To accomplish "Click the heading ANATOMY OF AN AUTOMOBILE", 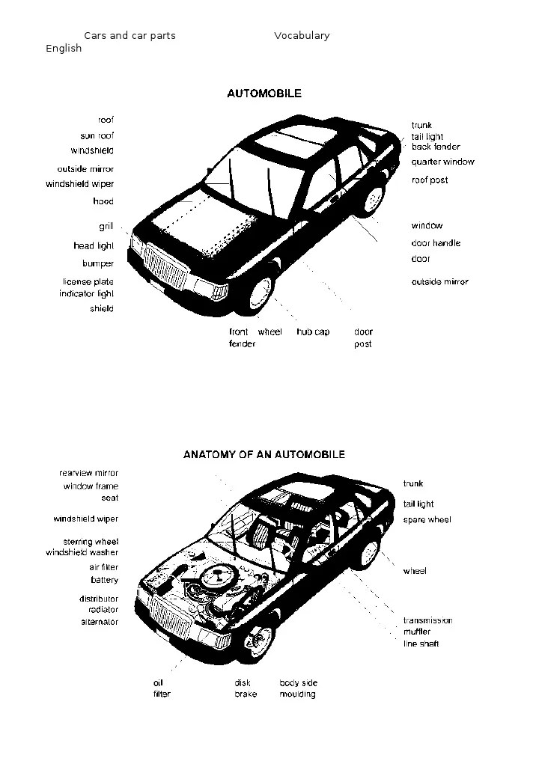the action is [264, 454].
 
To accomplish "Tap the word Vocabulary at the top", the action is [302, 35].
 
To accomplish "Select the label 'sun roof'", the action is [97, 136].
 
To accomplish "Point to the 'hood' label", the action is [103, 201].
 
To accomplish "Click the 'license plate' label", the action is [88, 282].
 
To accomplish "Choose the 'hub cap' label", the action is [313, 331].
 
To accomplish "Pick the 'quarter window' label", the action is [442, 162].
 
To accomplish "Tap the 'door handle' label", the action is [436, 243].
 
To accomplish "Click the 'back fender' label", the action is [436, 147].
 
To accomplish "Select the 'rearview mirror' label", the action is [88, 473].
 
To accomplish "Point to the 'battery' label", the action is [104, 580].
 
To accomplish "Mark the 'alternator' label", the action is [100, 622].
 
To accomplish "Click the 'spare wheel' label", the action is [427, 520].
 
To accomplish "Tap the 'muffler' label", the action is [417, 632].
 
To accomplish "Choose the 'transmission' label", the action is [427, 620].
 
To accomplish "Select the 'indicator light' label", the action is [87, 294].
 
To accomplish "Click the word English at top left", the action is [64, 48].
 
